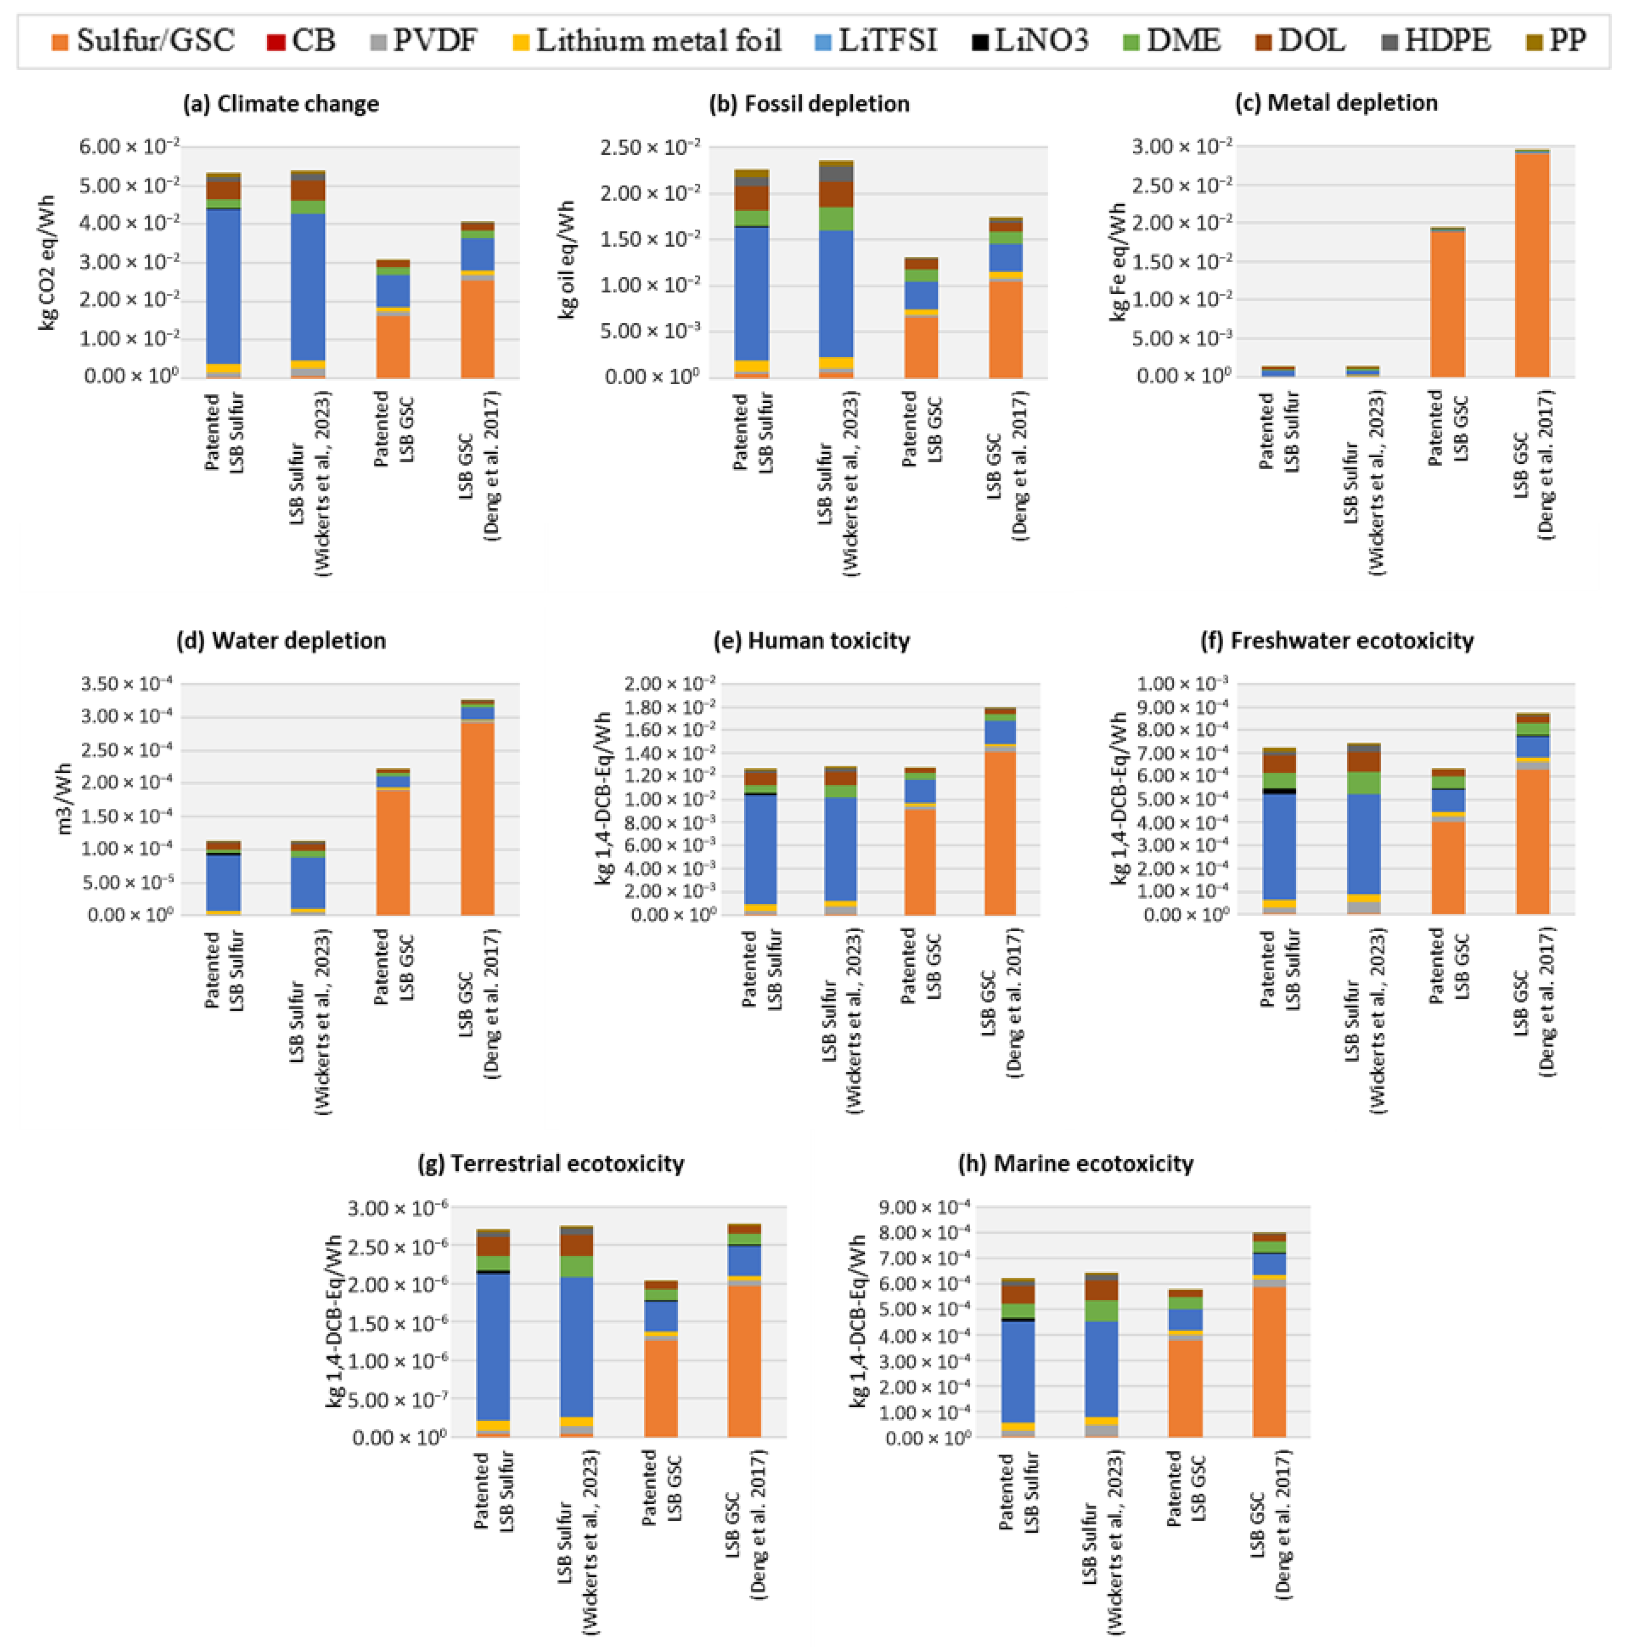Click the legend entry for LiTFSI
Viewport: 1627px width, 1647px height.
click(876, 40)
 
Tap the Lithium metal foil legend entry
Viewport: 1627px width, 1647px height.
click(646, 40)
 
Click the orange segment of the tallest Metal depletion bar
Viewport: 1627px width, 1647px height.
click(1531, 264)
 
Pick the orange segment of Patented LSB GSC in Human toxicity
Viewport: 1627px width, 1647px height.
click(920, 861)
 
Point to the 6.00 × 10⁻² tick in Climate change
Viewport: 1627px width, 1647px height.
click(130, 146)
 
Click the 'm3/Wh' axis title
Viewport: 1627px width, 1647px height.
click(64, 799)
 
